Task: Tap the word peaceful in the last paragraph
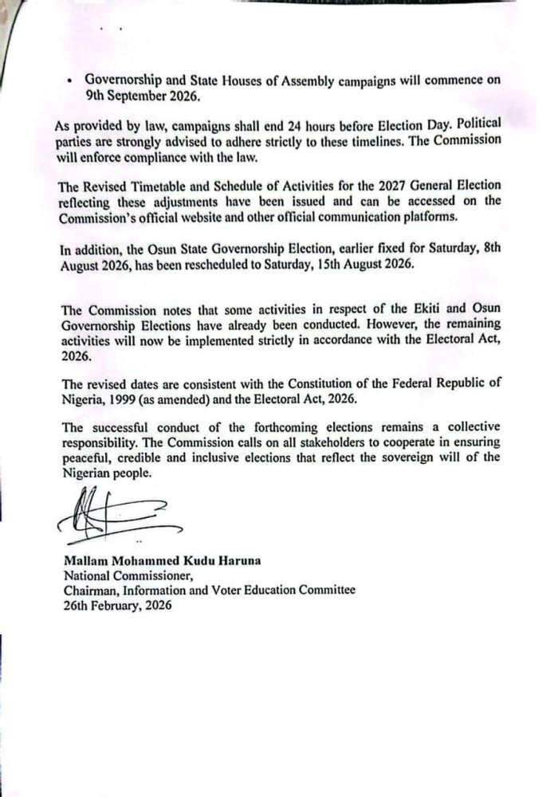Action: [86, 457]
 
